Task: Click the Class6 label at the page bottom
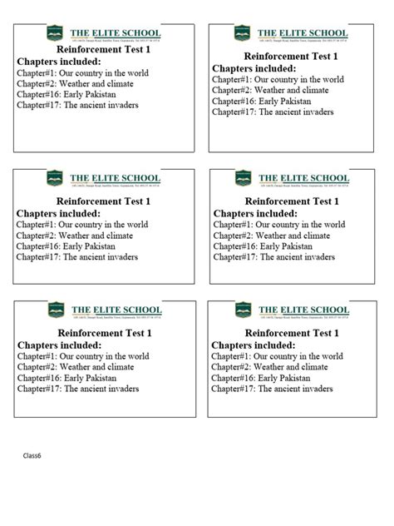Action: (x=32, y=456)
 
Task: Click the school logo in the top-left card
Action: (x=57, y=34)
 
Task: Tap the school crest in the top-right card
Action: (x=243, y=32)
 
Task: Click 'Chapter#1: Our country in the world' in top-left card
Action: (x=82, y=73)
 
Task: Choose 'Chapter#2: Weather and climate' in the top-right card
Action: (x=270, y=90)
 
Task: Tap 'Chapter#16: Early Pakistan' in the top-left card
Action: (x=66, y=95)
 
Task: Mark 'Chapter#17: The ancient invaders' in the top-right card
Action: (x=273, y=112)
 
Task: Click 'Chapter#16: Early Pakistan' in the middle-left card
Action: (x=66, y=246)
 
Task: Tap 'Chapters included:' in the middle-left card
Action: (x=59, y=213)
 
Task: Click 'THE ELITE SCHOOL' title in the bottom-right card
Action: (x=303, y=308)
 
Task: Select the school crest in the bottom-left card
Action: (x=57, y=310)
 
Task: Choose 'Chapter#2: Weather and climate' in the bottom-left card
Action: (x=75, y=366)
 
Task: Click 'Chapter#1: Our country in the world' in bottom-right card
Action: (x=277, y=355)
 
